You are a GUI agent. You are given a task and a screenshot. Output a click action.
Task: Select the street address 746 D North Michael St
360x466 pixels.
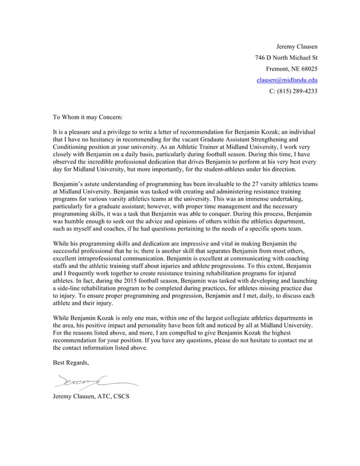coord(286,58)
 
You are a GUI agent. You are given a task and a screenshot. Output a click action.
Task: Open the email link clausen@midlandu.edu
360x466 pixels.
coord(287,80)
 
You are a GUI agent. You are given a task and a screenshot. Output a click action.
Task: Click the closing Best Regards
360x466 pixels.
coord(71,363)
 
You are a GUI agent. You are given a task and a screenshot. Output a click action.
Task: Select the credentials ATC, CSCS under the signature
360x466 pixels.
coord(112,397)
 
